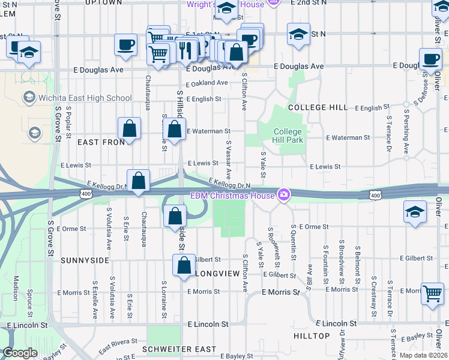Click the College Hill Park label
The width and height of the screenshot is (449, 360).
click(x=288, y=136)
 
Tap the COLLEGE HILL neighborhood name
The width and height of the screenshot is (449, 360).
click(x=318, y=107)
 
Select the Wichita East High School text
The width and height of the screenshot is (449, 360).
click(x=85, y=98)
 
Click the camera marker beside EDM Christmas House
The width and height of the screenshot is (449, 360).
click(x=283, y=194)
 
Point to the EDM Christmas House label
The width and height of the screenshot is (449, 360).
click(x=232, y=195)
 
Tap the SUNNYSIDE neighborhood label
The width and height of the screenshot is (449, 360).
click(x=85, y=260)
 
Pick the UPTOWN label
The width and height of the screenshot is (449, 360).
click(x=104, y=3)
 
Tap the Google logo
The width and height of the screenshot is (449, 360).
click(x=19, y=353)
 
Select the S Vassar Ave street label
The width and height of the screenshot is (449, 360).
click(x=229, y=155)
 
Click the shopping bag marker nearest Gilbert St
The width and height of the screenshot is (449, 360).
click(x=184, y=265)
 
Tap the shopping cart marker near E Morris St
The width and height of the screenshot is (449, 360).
click(x=432, y=294)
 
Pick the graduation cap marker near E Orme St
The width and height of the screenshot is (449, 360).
click(x=415, y=212)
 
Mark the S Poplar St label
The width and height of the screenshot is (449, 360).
click(x=69, y=124)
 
